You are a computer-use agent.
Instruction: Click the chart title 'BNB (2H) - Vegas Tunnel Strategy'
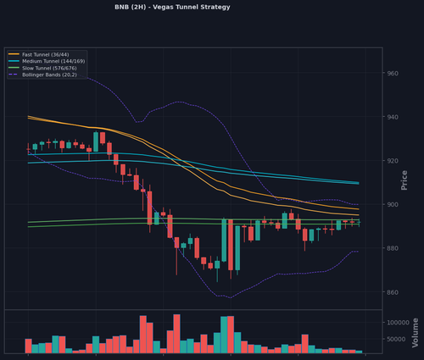(x=172, y=7)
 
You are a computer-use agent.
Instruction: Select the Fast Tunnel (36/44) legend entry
(x=39, y=54)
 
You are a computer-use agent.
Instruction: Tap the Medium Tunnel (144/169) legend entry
(x=47, y=61)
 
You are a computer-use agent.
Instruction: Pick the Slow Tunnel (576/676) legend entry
(x=42, y=68)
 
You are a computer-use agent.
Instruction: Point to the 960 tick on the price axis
(x=393, y=74)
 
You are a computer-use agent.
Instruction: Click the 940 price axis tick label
(x=393, y=117)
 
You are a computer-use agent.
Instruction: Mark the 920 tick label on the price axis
(x=393, y=161)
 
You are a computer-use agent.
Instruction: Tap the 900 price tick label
(x=393, y=204)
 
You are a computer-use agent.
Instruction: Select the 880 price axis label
(x=393, y=248)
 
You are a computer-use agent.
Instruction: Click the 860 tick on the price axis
(x=393, y=292)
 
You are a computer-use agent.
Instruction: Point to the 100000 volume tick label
(x=398, y=323)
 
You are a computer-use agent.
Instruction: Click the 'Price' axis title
(x=404, y=180)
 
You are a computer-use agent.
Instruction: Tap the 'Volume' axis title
(x=415, y=333)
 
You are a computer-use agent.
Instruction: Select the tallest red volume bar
(x=176, y=334)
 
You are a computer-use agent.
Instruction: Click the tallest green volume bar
(x=224, y=335)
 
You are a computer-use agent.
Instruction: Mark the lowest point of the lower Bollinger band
(x=231, y=298)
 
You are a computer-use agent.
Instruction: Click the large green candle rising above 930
(x=96, y=141)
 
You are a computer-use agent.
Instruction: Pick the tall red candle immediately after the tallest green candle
(x=231, y=245)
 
